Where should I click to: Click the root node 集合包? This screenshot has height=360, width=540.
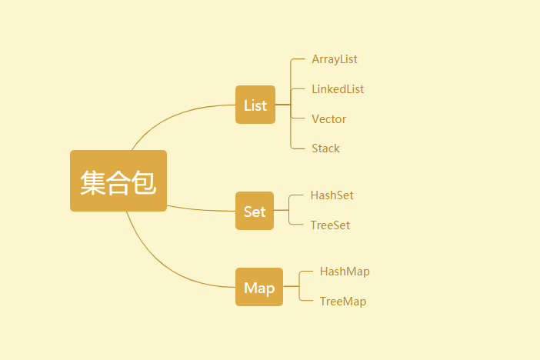pyautogui.click(x=118, y=181)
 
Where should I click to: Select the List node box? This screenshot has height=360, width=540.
pyautogui.click(x=255, y=105)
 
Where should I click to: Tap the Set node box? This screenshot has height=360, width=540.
pyautogui.click(x=255, y=211)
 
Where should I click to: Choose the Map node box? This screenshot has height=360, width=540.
pyautogui.click(x=259, y=287)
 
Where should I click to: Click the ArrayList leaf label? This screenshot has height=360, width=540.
pyautogui.click(x=335, y=59)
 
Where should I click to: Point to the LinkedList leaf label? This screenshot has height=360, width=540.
pyautogui.click(x=338, y=89)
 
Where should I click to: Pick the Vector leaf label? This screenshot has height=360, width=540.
pyautogui.click(x=329, y=119)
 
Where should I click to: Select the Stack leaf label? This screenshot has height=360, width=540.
pyautogui.click(x=325, y=148)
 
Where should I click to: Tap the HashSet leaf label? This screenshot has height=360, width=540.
pyautogui.click(x=332, y=195)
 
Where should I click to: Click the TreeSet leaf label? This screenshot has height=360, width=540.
pyautogui.click(x=330, y=225)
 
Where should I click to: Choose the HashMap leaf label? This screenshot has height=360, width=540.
pyautogui.click(x=345, y=272)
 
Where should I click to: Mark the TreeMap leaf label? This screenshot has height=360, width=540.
pyautogui.click(x=343, y=302)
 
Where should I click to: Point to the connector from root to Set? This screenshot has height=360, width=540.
pyautogui.click(x=200, y=209)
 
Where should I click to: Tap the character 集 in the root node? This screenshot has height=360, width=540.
pyautogui.click(x=92, y=182)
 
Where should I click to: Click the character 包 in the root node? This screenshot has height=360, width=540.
pyautogui.click(x=144, y=182)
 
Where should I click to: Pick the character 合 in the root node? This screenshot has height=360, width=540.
pyautogui.click(x=118, y=182)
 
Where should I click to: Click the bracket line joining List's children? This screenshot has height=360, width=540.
pyautogui.click(x=290, y=104)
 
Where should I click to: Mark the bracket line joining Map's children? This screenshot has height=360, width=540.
pyautogui.click(x=298, y=286)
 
